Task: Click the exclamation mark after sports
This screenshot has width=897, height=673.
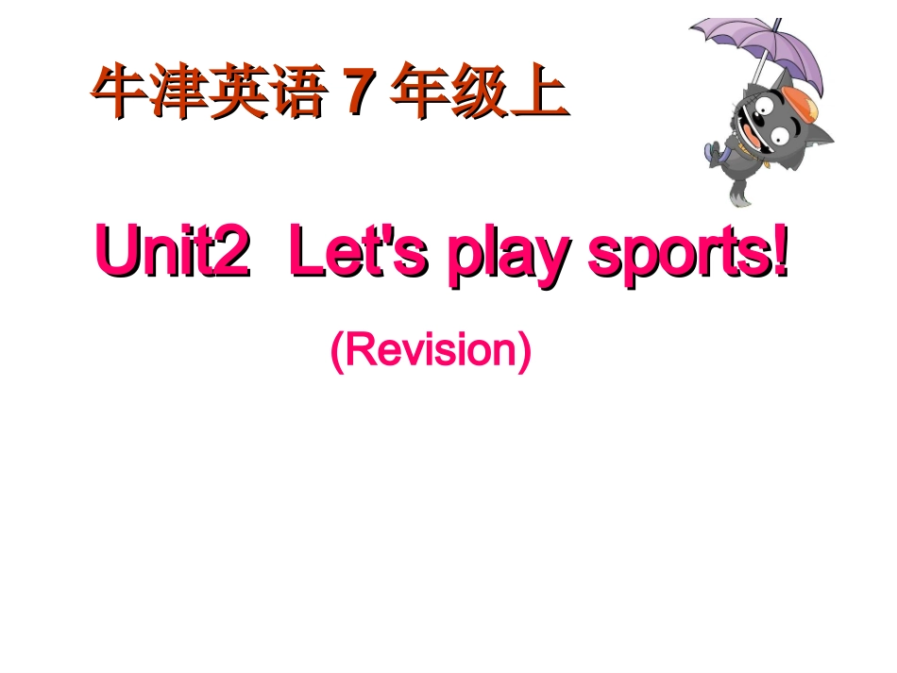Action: (x=779, y=250)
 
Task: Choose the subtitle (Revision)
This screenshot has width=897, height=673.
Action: (x=431, y=351)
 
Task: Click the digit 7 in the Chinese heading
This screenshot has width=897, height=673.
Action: (x=356, y=94)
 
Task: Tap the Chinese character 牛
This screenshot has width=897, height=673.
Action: (x=118, y=94)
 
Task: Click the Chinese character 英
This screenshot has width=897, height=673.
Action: (x=236, y=94)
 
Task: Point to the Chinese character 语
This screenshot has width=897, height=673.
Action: (x=295, y=94)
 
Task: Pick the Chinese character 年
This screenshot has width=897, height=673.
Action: (x=420, y=94)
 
